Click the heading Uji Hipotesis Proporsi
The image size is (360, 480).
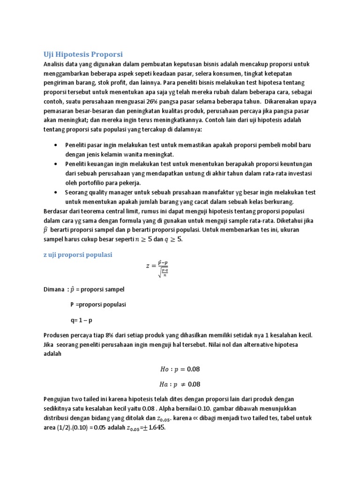[x=83, y=54]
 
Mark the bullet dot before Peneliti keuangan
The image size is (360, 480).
[x=56, y=164]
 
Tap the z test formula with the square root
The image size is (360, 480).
[x=157, y=268]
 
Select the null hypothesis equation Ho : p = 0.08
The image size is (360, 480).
[x=180, y=369]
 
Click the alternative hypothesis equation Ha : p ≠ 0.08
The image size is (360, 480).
[x=180, y=384]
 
